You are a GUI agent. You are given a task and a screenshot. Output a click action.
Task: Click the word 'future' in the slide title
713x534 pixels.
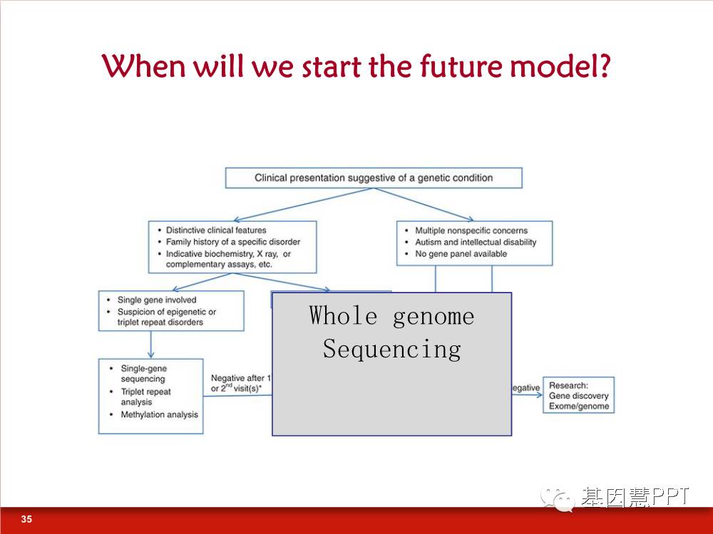pos(460,66)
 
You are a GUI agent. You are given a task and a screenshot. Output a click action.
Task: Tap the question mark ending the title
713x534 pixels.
pos(603,66)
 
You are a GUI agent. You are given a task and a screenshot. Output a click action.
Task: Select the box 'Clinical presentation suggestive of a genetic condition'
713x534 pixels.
pos(374,177)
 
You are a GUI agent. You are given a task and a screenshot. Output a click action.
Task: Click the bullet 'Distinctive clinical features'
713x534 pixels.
pos(216,230)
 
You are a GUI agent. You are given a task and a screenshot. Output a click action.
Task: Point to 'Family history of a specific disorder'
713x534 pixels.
pos(233,242)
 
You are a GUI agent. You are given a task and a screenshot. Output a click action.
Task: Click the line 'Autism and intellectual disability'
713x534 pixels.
pos(476,242)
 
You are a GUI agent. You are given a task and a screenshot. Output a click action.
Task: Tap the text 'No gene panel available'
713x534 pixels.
pos(461,254)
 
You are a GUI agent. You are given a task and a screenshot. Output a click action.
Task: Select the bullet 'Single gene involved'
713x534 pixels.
pos(157,300)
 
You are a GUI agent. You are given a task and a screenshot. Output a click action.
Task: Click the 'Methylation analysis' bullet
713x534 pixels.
pos(159,414)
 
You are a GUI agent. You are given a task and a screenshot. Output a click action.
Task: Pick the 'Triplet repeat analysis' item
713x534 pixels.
pos(145,397)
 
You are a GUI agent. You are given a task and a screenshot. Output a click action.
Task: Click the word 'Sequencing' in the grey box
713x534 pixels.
pos(392,349)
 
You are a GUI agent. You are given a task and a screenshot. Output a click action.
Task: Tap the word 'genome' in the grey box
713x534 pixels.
pos(434,316)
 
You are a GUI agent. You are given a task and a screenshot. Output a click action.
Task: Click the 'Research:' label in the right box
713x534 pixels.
pos(568,385)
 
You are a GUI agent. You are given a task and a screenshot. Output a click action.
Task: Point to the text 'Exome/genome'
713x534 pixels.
pos(579,406)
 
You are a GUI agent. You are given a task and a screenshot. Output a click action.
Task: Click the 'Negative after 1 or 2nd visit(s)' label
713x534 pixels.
pos(240,383)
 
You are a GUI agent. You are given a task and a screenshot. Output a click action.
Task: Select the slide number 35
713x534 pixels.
pos(26,519)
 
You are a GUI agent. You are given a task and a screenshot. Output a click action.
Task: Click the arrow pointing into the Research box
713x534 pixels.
pos(527,394)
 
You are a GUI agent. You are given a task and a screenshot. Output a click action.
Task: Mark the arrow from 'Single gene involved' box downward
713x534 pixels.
pos(151,345)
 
